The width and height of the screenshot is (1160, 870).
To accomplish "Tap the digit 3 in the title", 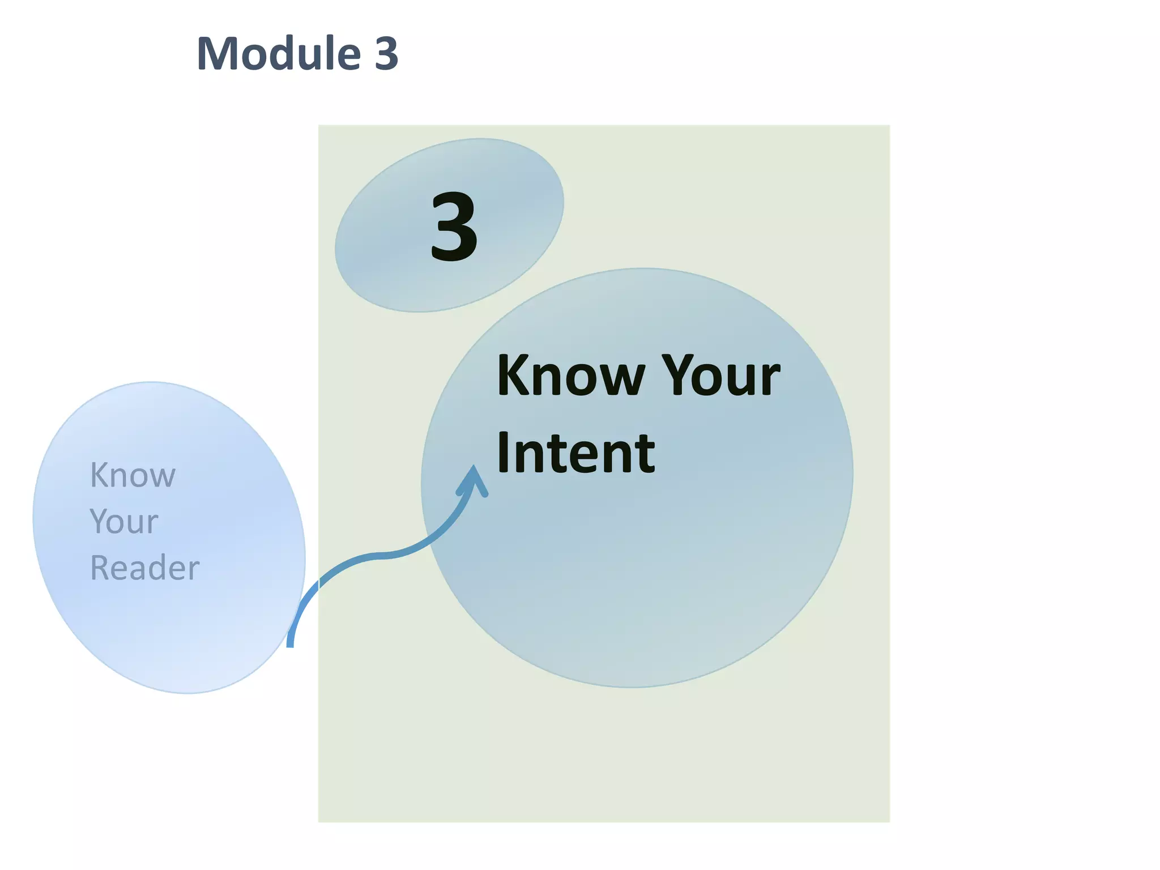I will pos(386,53).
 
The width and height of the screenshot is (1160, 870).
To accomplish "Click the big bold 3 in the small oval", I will pos(454,227).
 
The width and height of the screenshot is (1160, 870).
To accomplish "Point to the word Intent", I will pos(575,453).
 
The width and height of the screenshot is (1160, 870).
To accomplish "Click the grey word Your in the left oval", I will pos(124,522).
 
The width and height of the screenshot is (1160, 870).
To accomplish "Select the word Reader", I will pos(145,568).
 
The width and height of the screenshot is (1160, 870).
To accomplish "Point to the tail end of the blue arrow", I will pos(290,643).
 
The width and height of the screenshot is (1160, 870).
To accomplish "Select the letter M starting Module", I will pos(217,53).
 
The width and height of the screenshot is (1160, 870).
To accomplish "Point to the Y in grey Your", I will pos(100,521).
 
